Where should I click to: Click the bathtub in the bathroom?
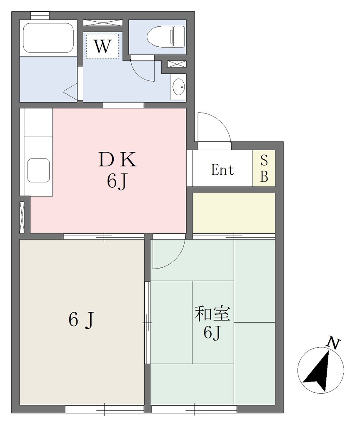tap(48, 38)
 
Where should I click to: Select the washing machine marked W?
tap(102, 46)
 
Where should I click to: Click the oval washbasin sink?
tap(178, 87)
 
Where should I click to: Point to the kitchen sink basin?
tap(38, 170)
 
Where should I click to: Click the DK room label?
tap(117, 160)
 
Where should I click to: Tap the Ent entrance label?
tap(222, 170)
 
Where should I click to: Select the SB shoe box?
tap(264, 168)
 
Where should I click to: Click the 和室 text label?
tap(212, 314)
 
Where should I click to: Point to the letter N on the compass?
tap(334, 343)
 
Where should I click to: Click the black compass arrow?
tap(317, 372)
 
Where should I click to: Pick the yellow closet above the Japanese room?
tap(234, 213)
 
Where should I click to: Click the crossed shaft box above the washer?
tap(102, 23)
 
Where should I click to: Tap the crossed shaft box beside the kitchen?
tap(22, 217)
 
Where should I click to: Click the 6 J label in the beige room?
tap(81, 320)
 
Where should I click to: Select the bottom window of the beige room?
tap(105, 409)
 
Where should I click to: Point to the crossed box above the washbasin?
tap(177, 64)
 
